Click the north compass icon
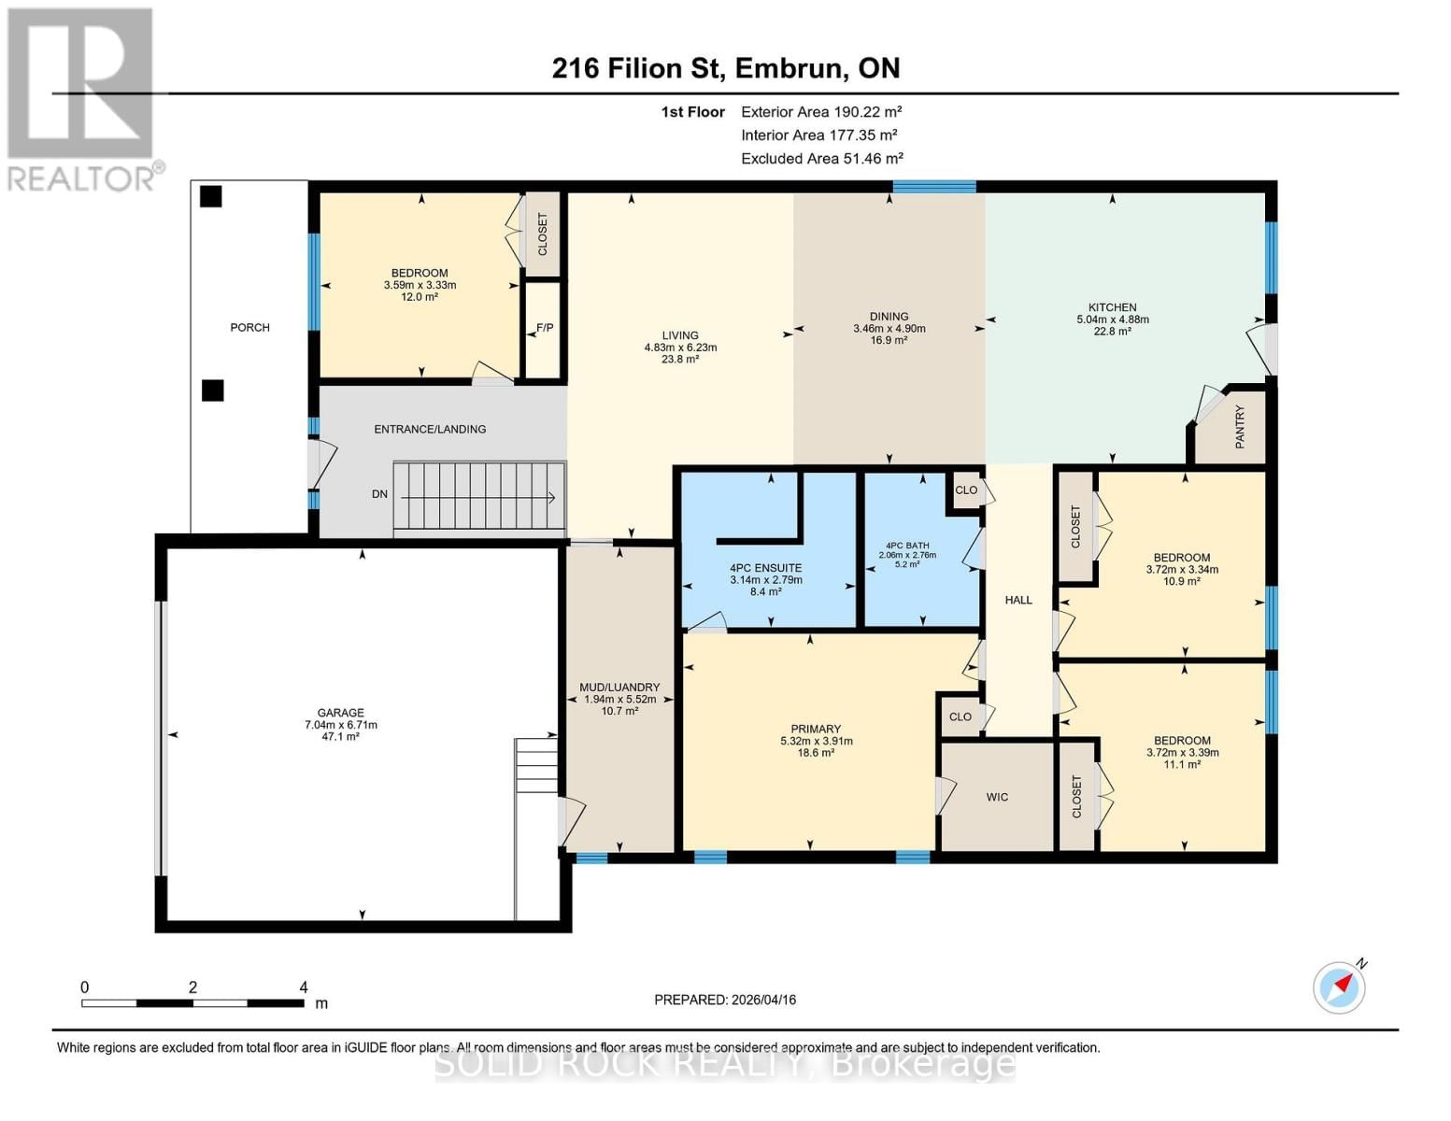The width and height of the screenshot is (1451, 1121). (1339, 987)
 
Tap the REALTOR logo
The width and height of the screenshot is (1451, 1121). (80, 98)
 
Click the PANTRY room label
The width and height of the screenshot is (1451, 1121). (1240, 427)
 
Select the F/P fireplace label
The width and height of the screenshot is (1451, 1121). (545, 328)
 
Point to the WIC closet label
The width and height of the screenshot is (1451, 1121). (997, 797)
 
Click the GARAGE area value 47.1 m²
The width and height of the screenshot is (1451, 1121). (340, 736)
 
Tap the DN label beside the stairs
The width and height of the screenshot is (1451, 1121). (379, 494)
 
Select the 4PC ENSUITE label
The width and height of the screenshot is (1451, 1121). (766, 568)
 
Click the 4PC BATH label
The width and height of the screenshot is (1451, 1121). (907, 546)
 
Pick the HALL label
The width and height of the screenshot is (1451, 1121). (1018, 600)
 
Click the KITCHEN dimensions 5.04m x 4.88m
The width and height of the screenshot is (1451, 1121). (1112, 319)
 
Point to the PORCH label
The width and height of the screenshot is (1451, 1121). (249, 328)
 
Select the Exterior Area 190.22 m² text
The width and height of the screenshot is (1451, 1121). (821, 112)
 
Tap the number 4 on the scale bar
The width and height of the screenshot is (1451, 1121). (304, 987)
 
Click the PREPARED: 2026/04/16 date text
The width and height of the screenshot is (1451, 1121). (725, 1000)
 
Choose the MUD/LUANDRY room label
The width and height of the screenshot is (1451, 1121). (619, 688)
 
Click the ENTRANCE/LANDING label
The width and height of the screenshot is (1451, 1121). (430, 430)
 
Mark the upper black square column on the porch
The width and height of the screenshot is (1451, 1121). (212, 196)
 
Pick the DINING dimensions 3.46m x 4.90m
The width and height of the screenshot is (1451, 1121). (889, 329)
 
